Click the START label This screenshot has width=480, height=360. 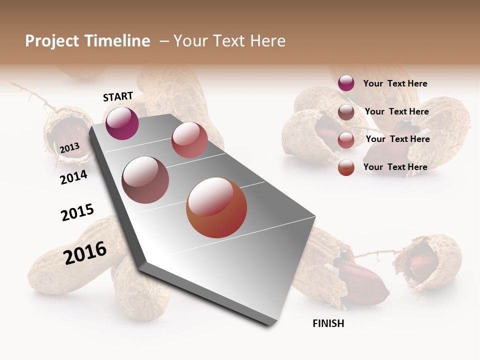point(118,96)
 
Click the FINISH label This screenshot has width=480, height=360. point(328,323)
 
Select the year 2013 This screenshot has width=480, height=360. point(70,147)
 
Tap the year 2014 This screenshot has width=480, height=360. point(74,177)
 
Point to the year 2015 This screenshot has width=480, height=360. point(77,212)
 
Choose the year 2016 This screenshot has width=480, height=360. point(85,252)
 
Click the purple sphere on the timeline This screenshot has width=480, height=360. point(122,123)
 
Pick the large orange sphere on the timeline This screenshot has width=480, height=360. point(216,207)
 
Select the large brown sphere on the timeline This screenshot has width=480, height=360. point(145,180)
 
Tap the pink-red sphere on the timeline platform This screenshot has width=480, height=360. point(189,140)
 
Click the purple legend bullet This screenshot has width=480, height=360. point(346,83)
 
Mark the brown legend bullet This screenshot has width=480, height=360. point(346,112)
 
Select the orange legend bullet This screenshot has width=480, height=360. point(346,167)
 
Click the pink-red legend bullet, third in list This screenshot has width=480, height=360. point(346,140)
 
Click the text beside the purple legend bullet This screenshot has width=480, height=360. point(395,83)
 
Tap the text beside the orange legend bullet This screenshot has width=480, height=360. point(395,167)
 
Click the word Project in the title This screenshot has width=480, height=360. point(52,41)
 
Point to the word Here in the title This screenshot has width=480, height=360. point(267,41)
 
